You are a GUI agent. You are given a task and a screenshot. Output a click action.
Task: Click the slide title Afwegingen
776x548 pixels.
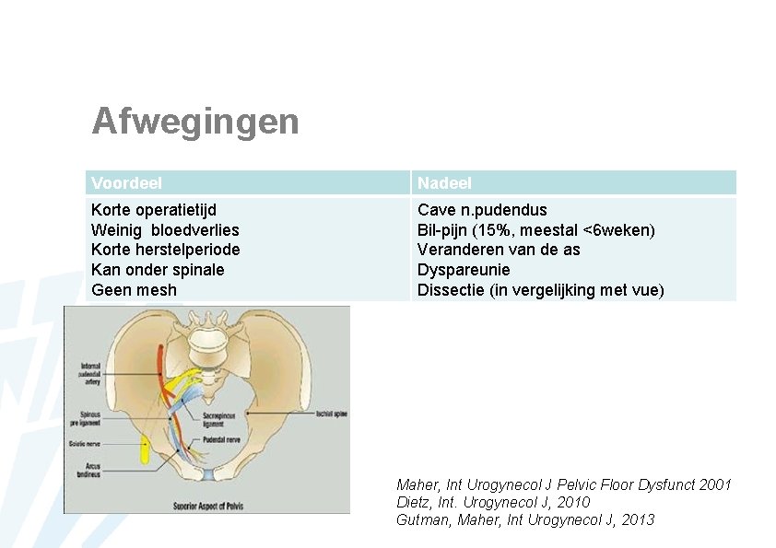[x=195, y=122]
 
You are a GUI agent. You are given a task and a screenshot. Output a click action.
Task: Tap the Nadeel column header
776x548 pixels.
[x=444, y=183]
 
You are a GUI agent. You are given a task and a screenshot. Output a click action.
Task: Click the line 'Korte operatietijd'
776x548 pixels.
[x=154, y=210]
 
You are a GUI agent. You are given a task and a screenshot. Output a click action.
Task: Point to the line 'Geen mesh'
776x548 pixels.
[x=134, y=290]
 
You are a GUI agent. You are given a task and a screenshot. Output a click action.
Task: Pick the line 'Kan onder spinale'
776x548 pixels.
[x=158, y=270]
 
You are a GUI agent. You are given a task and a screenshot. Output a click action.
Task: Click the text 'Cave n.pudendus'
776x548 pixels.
[x=482, y=210]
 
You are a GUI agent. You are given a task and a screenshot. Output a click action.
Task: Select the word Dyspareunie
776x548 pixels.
[x=464, y=270]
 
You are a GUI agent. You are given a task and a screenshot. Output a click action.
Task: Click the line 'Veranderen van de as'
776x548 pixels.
[x=499, y=250]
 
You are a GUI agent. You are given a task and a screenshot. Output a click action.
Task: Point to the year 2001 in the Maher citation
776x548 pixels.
[x=715, y=484]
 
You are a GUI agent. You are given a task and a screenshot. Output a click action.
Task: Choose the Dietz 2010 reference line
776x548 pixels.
[x=493, y=502]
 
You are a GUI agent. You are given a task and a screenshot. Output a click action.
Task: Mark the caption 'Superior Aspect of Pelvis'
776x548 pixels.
[x=214, y=505]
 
